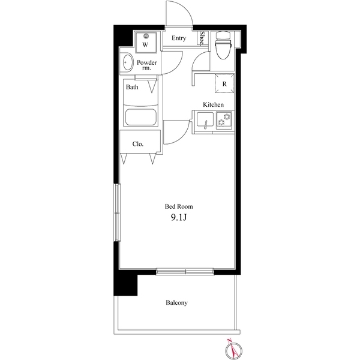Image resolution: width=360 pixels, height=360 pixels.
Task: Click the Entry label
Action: pos(179,38)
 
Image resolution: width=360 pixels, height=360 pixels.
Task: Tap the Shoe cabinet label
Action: pos(202,38)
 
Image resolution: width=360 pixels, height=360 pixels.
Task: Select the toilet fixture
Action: pos(223,45)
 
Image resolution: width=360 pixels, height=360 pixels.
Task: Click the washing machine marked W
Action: pos(146,43)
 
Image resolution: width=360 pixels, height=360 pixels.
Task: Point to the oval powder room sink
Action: pos(128,62)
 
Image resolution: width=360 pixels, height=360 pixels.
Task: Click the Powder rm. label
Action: pos(147,65)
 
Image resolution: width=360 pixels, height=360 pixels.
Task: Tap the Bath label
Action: pos(132,87)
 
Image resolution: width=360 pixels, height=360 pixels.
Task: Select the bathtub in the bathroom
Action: pos(141,117)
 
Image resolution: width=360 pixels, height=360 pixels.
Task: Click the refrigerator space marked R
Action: pos(224,83)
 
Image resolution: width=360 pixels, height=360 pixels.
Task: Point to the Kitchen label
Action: pos(213,104)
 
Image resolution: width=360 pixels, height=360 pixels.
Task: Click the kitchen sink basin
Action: pos(205,119)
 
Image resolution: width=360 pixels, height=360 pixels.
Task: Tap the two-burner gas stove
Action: pos(224,119)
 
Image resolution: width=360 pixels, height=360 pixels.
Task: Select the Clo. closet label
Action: pos(138,144)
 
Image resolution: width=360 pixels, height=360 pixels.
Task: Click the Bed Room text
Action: pos(179,206)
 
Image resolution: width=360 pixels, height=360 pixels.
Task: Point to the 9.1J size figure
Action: pos(178,218)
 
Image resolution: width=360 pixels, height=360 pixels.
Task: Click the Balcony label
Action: pos(176,302)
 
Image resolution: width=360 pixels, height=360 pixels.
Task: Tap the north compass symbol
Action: pos(233,350)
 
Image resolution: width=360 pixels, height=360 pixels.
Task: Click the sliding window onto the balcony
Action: pos(185,272)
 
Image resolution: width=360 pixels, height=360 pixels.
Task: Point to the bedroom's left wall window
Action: pos(118,212)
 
